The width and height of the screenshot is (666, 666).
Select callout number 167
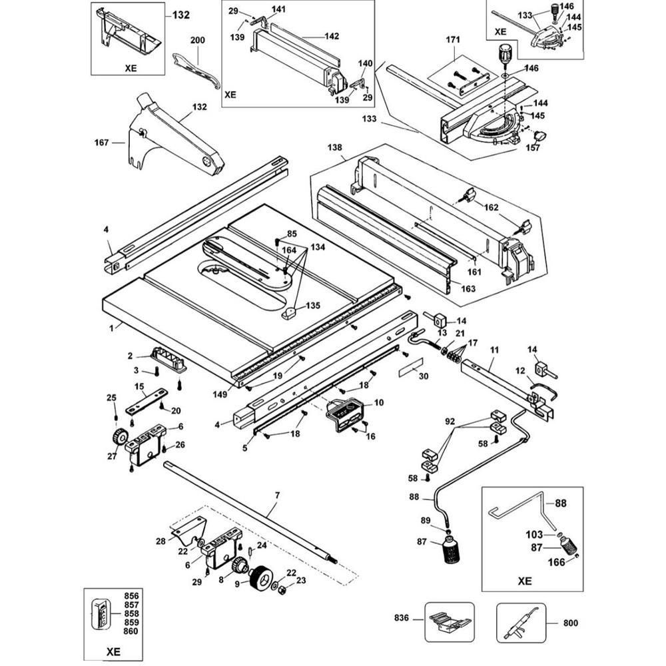click(102, 141)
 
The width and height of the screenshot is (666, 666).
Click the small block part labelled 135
click(289, 312)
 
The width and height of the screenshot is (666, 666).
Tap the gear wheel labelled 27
click(120, 439)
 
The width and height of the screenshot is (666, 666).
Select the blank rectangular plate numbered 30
click(410, 364)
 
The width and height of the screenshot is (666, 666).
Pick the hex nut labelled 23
click(281, 589)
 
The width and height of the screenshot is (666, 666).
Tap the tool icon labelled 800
click(521, 623)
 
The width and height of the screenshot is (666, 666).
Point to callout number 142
click(332, 36)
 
